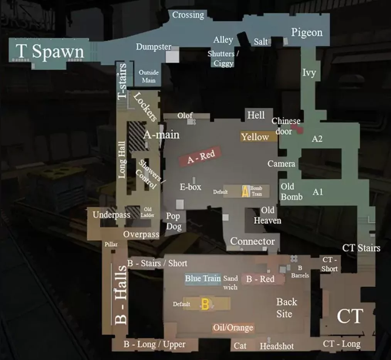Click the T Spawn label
coord(50,51)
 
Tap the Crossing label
coord(188,15)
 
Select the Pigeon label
coord(307,32)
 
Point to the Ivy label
coord(309,72)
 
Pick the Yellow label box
coord(255,137)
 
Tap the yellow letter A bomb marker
coord(245,191)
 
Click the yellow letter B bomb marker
coord(206,304)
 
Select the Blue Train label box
coord(203,278)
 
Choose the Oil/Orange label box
coord(233,328)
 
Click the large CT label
coord(350,316)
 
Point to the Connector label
coord(253,241)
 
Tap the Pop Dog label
coord(174,221)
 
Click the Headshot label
coord(276,346)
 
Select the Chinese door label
coord(286,126)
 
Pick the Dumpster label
coord(153,47)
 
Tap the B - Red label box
coord(260,279)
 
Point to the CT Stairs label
coord(361,248)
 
